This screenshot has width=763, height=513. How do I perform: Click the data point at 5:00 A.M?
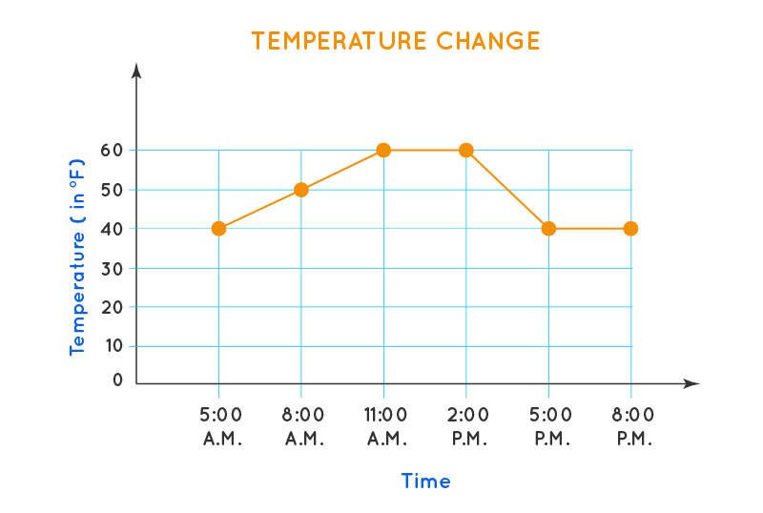coord(218,229)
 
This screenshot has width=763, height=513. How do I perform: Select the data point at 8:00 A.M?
coord(301,190)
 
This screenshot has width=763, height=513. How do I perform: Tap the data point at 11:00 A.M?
coord(383,150)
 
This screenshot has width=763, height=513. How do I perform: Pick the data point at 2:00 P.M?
coord(465,150)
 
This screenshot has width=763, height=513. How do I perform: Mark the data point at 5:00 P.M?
coord(548,229)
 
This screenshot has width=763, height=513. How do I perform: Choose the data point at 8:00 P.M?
coord(630,229)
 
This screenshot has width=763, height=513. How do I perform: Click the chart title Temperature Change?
coord(396,41)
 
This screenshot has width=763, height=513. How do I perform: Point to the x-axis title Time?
coord(425,482)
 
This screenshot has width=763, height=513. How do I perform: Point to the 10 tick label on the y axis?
coord(113,346)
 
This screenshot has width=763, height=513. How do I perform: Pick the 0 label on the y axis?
coord(118,380)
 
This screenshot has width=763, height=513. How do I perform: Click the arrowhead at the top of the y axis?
coord(137,71)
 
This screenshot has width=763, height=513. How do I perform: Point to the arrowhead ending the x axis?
coord(691,383)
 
